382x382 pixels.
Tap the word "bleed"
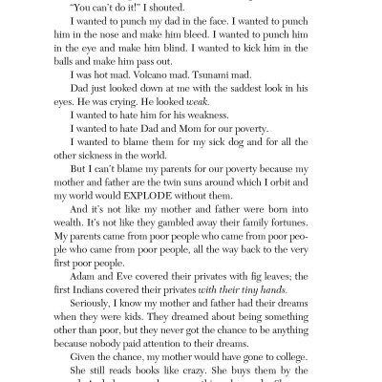(x=214, y=42)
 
